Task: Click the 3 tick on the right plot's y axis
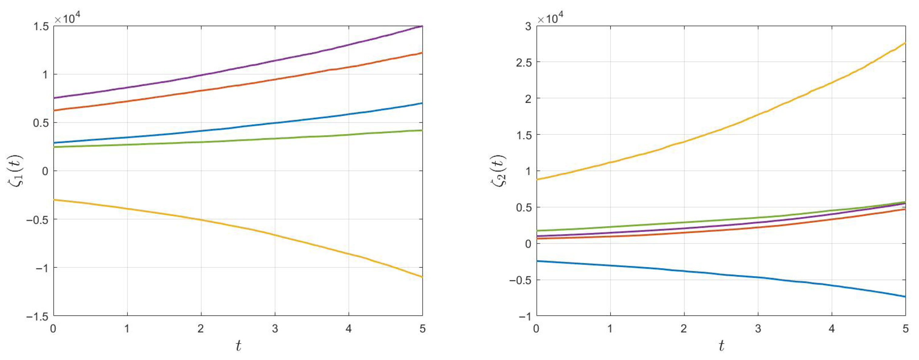coord(528,26)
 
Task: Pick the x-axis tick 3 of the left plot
coord(275,328)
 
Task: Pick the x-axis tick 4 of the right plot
coord(832,328)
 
